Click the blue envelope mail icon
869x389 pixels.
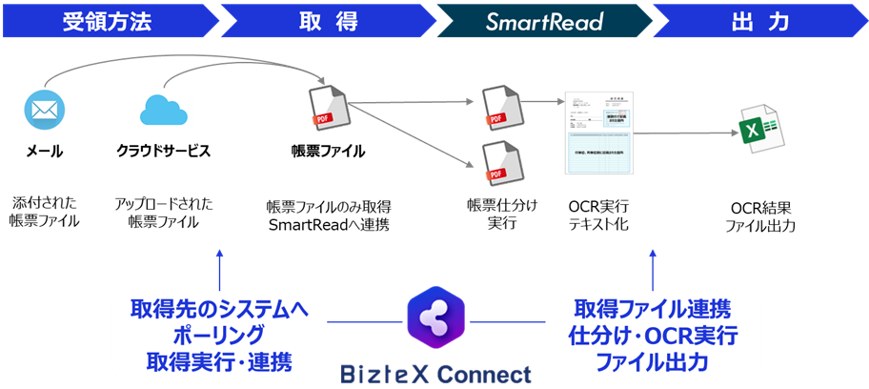tap(44, 111)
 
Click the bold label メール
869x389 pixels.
tap(44, 152)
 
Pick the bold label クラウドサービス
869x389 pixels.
tap(163, 152)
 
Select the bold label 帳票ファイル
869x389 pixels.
tap(328, 152)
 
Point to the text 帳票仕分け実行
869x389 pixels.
tap(490, 214)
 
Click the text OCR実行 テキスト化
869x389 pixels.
tap(598, 215)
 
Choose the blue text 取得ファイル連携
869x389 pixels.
tap(653, 309)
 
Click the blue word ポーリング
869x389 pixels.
tap(219, 336)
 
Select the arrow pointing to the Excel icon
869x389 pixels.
tap(684, 133)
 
